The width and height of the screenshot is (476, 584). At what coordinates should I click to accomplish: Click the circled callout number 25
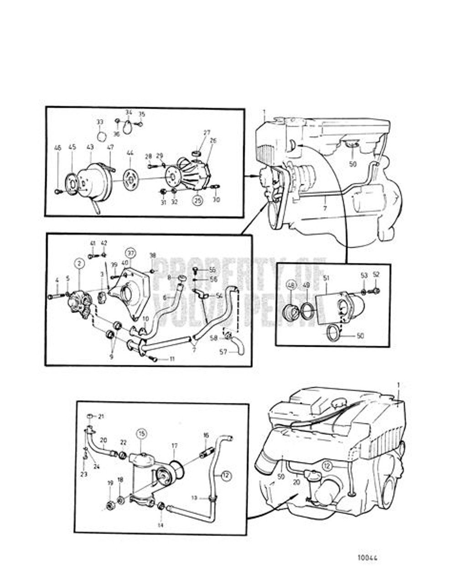coord(197,200)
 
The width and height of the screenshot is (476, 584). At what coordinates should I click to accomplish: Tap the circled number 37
coord(130,253)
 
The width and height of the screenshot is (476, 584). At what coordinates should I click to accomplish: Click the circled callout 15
coord(141,433)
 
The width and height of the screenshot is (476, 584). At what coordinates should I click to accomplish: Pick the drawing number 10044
coord(367,558)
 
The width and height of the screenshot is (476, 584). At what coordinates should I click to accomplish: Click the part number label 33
coord(100,122)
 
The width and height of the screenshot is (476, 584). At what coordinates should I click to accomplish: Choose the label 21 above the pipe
coord(101,416)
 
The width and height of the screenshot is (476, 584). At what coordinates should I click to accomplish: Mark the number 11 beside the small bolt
coord(172,359)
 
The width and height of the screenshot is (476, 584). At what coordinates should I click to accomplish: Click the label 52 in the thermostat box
coord(376,275)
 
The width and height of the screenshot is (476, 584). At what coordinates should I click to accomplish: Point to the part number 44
coord(130,152)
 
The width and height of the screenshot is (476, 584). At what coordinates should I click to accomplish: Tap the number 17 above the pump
coord(174,446)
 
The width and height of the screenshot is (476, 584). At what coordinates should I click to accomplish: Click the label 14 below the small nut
coord(160,525)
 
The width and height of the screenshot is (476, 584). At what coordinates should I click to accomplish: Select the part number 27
coord(207,133)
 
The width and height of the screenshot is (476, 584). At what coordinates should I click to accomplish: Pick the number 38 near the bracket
coord(153,256)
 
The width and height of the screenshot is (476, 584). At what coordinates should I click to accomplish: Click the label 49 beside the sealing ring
coord(306,285)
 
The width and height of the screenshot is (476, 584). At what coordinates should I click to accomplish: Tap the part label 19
coord(110,483)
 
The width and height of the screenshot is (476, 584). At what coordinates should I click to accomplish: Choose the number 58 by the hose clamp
coord(214,338)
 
